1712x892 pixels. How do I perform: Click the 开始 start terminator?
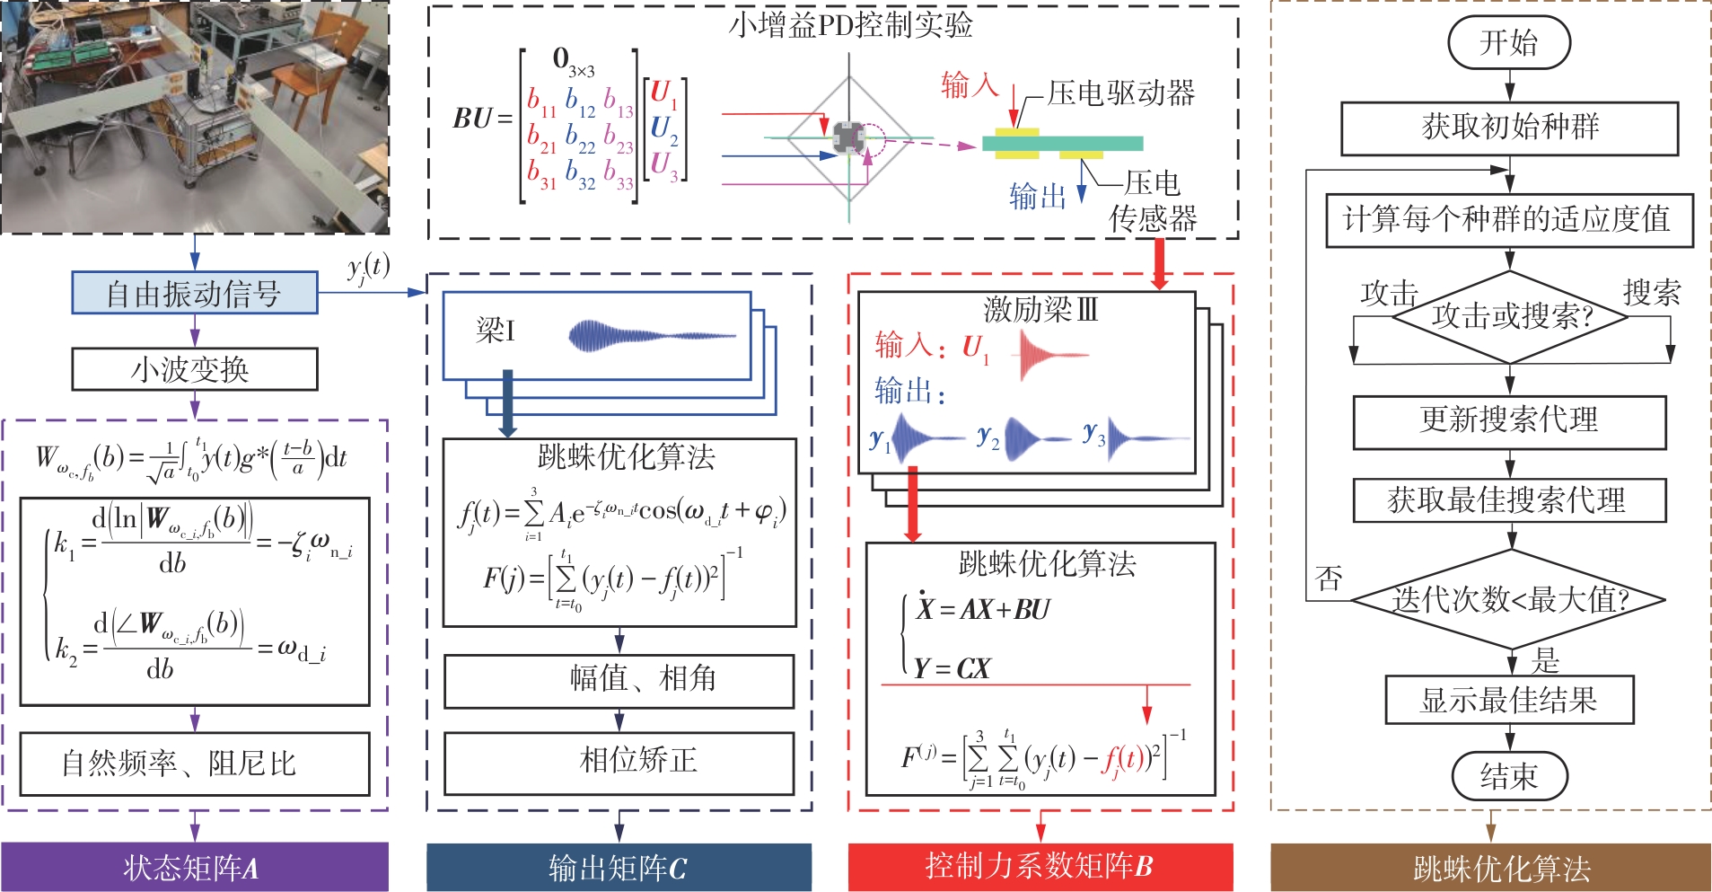point(1509,43)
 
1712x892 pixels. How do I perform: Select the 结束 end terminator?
point(1509,775)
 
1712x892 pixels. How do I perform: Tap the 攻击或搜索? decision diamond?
point(1510,315)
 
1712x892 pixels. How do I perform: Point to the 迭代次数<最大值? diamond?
point(1510,599)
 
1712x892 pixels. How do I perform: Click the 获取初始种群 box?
point(1509,128)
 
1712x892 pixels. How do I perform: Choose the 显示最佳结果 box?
point(1509,700)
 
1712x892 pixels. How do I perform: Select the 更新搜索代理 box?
point(1509,420)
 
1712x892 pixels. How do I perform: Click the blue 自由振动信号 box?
point(194,294)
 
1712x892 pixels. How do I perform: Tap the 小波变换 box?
point(194,369)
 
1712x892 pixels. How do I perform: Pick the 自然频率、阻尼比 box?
point(194,764)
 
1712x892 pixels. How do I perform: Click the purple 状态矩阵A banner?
point(194,867)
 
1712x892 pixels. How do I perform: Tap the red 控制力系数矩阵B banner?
point(1040,866)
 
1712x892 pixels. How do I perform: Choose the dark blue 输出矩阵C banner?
point(619,867)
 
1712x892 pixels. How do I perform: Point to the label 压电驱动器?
point(1120,93)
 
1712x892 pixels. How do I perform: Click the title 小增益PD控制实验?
point(850,25)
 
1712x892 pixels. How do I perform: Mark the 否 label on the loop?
point(1330,578)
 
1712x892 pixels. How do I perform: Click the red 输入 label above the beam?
point(970,85)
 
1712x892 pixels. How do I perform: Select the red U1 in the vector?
point(662,93)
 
